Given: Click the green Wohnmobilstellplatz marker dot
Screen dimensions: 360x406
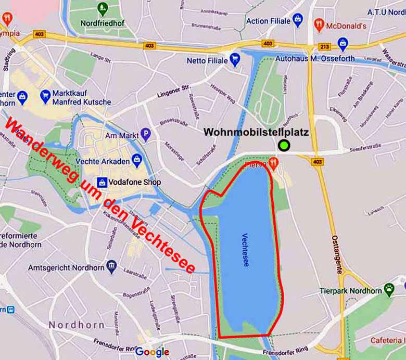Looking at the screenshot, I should tap(284, 146).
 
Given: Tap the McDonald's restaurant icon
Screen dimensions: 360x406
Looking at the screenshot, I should tap(319, 24).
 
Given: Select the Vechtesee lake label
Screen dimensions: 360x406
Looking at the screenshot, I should tap(245, 250).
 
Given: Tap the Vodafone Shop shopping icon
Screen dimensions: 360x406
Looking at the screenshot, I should tap(102, 182).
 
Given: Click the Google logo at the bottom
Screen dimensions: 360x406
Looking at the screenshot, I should tap(152, 352).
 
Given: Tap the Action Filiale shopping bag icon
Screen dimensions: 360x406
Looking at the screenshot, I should tap(297, 21).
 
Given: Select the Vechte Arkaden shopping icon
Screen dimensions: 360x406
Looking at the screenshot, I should tap(137, 159).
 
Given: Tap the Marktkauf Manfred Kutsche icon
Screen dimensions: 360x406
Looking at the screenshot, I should tap(45, 97).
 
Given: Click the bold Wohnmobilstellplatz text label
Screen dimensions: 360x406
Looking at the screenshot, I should tap(256, 133).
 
